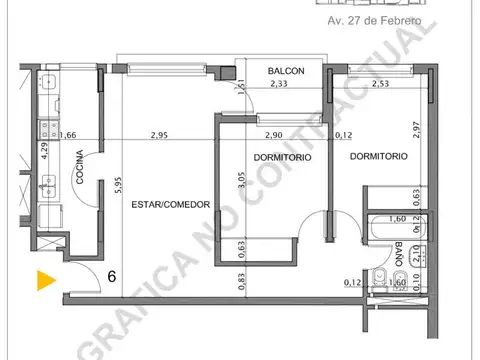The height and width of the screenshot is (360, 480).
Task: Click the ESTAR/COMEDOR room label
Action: (x=170, y=204)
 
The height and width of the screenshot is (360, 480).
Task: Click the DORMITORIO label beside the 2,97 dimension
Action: (x=378, y=157)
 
